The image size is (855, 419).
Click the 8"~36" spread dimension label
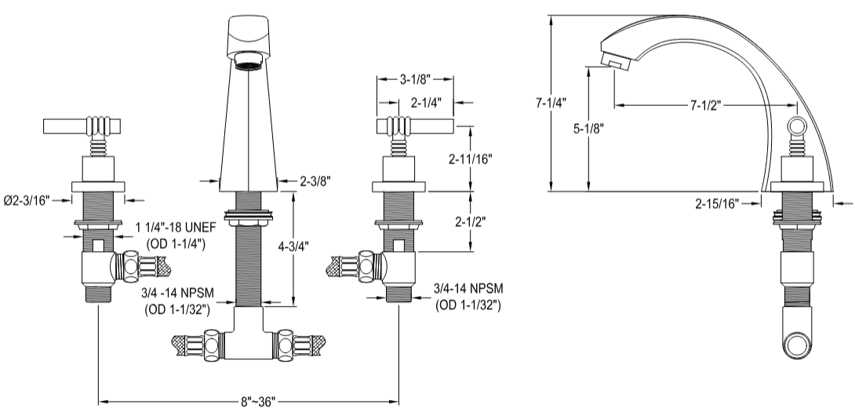(249, 403)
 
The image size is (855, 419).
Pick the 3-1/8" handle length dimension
(413, 79)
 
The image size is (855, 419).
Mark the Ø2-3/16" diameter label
(27, 201)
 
